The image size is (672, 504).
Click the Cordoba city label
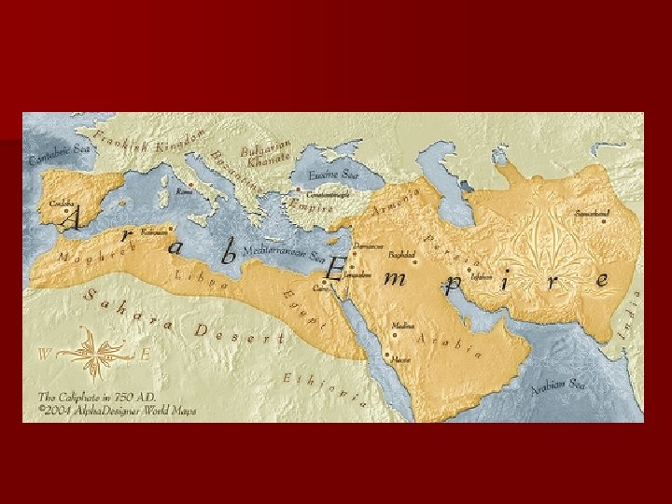tap(62, 203)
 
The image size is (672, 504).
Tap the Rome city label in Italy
tap(185, 190)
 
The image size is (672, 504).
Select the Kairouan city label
tap(152, 231)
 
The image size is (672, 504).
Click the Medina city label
tap(403, 326)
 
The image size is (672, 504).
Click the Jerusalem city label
tap(356, 275)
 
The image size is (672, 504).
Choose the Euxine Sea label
tap(333, 175)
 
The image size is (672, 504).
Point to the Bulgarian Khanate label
tap(268, 152)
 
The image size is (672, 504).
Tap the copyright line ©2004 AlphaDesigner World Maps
tap(117, 409)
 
